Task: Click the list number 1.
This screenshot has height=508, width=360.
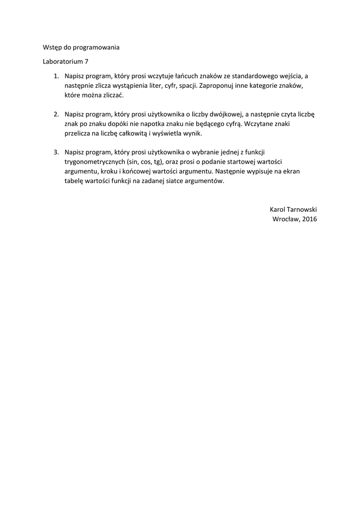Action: [56, 76]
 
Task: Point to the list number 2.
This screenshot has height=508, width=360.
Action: [56, 114]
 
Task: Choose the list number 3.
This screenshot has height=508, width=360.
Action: [56, 152]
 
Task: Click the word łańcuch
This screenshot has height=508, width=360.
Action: [185, 76]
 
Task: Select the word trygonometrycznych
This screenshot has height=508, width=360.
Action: [94, 162]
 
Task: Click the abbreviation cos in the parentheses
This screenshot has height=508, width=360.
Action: [145, 162]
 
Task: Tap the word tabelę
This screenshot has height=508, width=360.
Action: [74, 180]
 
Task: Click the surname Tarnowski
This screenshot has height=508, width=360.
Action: [300, 209]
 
